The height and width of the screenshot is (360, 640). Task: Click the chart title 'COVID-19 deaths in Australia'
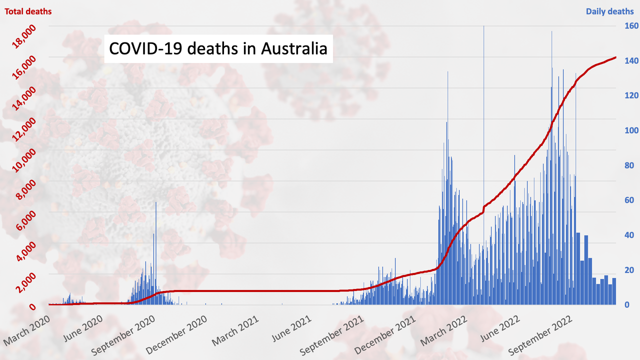point(218,49)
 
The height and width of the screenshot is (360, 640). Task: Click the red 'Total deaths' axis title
point(28,11)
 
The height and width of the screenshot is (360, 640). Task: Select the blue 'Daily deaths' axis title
point(609,11)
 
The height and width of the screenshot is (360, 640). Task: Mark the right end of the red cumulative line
point(615,57)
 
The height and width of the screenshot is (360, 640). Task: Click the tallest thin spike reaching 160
point(483,28)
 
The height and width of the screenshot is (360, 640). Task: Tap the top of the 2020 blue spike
point(155,203)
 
